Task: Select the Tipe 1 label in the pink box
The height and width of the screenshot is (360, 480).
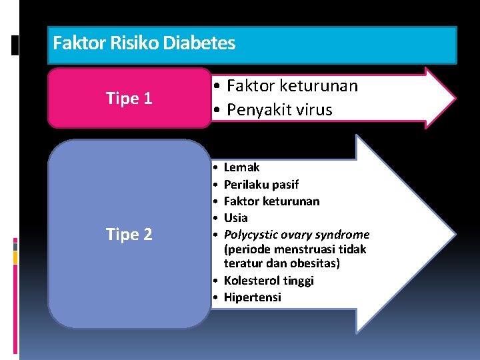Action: tap(129, 99)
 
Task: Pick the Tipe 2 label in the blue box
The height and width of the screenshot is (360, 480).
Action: tap(129, 235)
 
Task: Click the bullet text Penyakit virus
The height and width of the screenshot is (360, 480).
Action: tap(279, 110)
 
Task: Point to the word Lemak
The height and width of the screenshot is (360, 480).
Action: tap(241, 167)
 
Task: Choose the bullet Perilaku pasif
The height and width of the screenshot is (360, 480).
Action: tap(261, 184)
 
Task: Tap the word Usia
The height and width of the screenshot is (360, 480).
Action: tap(235, 217)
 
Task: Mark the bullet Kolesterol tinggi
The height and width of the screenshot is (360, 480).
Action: tap(269, 281)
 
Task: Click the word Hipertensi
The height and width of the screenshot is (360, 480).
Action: tap(252, 297)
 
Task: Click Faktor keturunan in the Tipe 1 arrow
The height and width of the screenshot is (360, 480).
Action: tap(292, 86)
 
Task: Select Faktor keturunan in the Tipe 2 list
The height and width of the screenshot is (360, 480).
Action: tap(271, 201)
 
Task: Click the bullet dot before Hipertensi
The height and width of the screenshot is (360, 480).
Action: tap(217, 297)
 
